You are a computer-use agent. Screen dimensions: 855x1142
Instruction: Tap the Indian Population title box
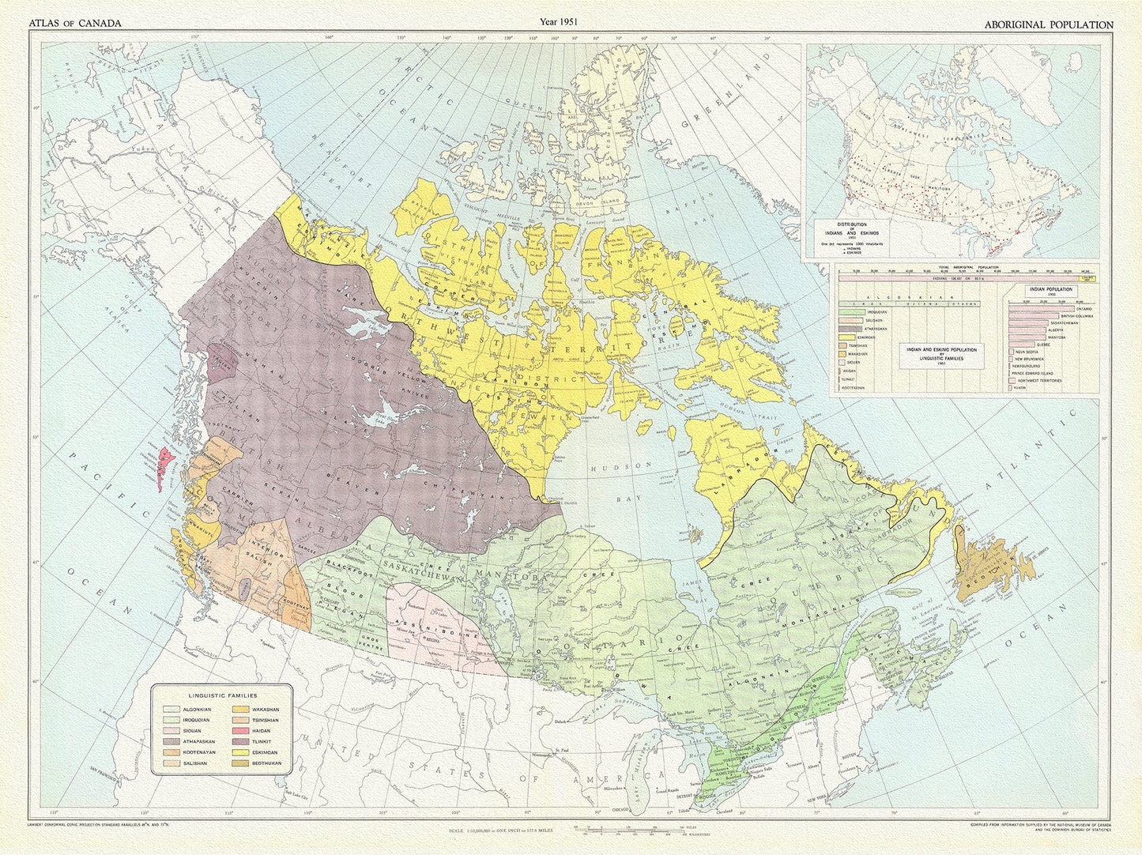tap(1049, 292)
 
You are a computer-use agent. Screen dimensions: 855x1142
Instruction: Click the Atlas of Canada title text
tap(75, 24)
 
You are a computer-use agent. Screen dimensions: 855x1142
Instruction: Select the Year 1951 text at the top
tap(558, 22)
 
